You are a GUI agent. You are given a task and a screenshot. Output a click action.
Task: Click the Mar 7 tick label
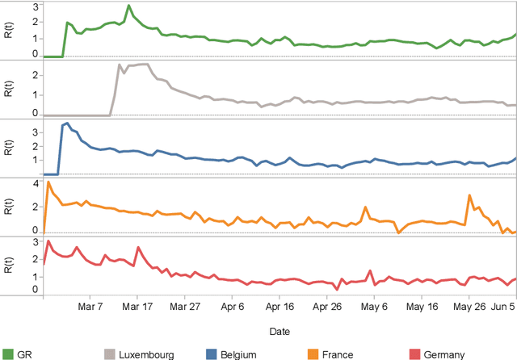90,307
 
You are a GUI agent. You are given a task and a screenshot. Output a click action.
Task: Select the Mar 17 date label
137,307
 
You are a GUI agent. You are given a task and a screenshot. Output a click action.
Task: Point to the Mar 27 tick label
185,307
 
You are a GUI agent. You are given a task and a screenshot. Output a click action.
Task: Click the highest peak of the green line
128,6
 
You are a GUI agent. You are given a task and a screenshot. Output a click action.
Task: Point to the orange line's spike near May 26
469,195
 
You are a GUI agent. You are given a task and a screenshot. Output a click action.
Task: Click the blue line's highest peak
66,123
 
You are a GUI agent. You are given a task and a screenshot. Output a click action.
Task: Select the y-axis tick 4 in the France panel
36,183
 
